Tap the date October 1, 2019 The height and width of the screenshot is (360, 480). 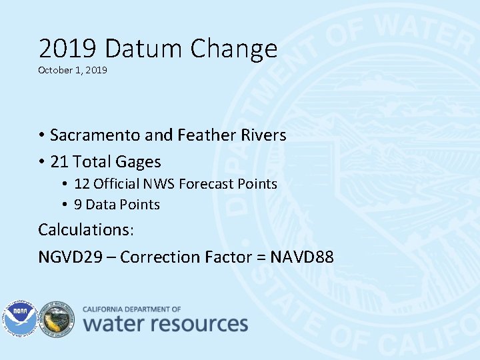(72, 69)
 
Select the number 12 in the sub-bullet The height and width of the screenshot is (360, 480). (81, 184)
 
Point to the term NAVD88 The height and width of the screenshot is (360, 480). (302, 257)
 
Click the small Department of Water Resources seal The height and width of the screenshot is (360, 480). (57, 319)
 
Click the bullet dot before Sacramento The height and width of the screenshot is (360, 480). (41, 136)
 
